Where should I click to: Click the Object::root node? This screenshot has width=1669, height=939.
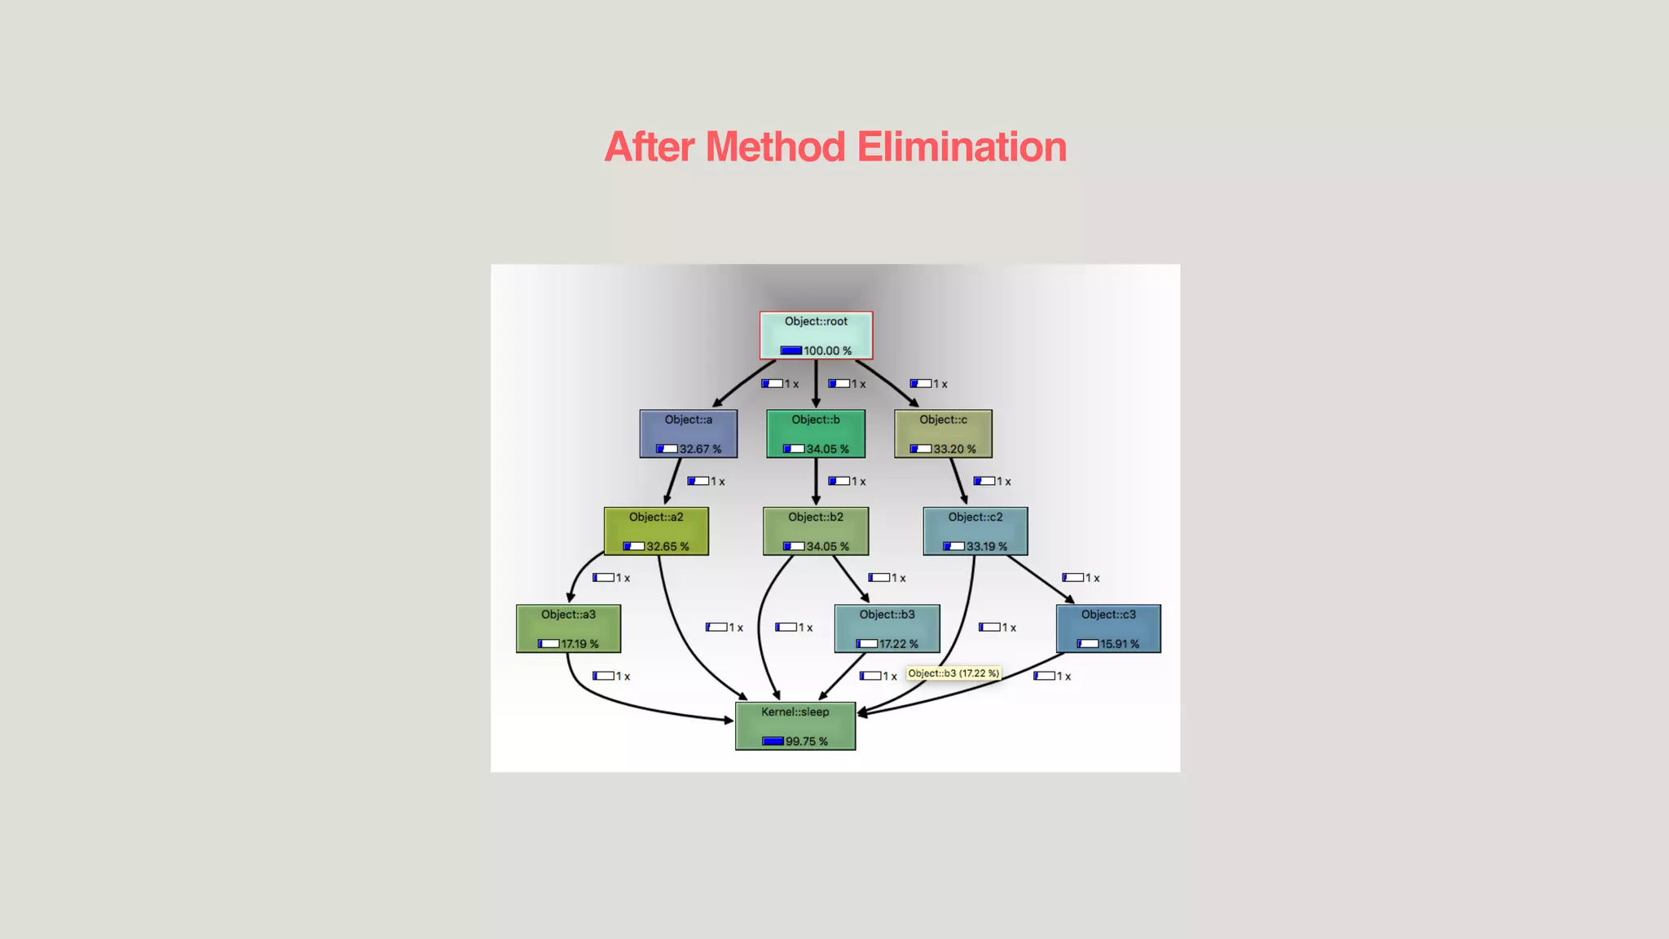[816, 335]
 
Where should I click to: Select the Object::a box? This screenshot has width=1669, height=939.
[689, 434]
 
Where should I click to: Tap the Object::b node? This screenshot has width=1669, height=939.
[816, 434]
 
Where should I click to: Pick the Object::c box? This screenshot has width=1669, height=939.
[943, 434]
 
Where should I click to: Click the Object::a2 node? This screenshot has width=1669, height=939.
[656, 531]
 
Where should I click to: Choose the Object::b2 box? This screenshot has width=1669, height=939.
[816, 531]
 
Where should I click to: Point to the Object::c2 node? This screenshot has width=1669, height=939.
[975, 531]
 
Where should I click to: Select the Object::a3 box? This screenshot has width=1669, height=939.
[568, 628]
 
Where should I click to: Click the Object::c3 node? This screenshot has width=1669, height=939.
[1108, 628]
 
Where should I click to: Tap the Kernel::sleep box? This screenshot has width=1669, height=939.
[795, 726]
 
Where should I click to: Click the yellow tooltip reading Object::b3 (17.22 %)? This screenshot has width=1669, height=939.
[953, 673]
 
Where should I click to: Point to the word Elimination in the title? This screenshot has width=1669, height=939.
[962, 148]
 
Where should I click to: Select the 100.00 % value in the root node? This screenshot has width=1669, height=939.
[827, 351]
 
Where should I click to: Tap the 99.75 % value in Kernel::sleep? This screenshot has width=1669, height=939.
[807, 742]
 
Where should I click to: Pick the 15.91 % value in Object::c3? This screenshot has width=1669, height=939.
[1120, 644]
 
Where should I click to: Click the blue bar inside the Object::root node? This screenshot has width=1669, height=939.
[791, 351]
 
